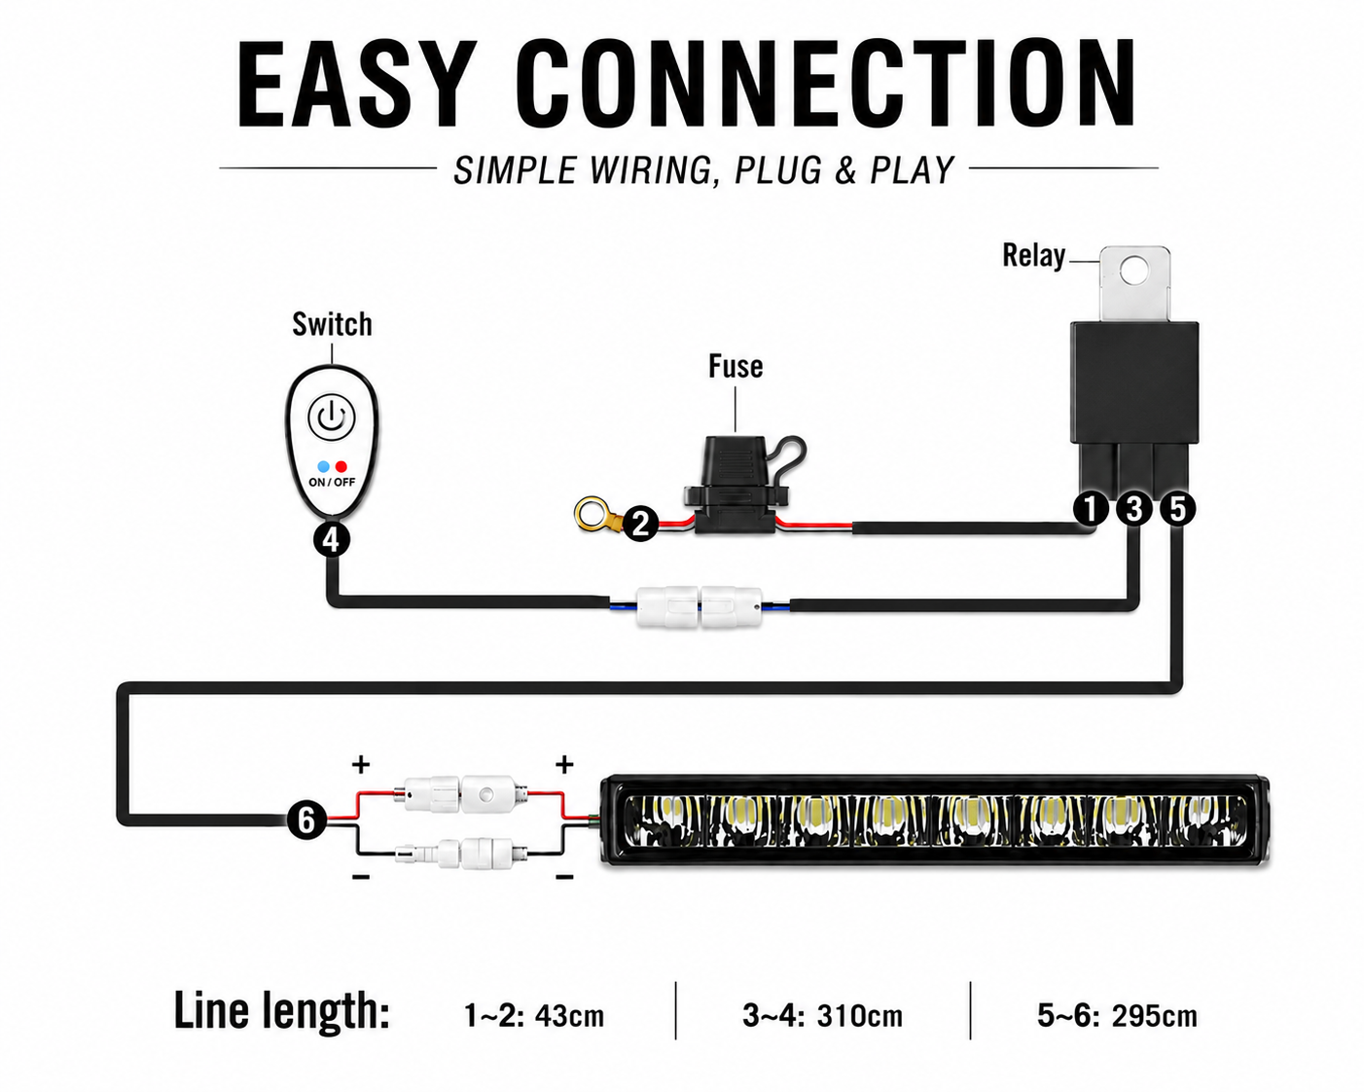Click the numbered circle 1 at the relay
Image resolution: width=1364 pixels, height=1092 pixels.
[x=1091, y=509]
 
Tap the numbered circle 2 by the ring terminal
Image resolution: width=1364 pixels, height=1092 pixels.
[x=641, y=524]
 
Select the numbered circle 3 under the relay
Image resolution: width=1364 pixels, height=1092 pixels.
[x=1134, y=509]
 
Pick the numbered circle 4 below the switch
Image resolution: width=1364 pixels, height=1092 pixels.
[x=332, y=540]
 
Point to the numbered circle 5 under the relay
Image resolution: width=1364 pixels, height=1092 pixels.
[x=1177, y=509]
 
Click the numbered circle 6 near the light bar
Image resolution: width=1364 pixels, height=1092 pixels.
[x=306, y=819]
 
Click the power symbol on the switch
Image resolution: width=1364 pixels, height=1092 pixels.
[x=332, y=418]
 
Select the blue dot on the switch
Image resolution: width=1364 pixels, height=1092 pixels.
[x=323, y=467]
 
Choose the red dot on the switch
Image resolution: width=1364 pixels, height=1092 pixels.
[x=341, y=467]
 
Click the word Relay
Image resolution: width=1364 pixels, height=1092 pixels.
[x=1034, y=256]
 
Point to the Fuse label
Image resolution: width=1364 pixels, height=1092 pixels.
[x=736, y=366]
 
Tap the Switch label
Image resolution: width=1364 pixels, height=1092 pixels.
[x=332, y=324]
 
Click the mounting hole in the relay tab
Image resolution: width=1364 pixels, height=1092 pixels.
[x=1134, y=271]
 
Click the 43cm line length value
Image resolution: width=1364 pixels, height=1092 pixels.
[x=569, y=1016]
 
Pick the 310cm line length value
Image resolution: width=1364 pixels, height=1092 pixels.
[x=859, y=1016]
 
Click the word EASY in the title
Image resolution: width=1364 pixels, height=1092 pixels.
[x=357, y=84]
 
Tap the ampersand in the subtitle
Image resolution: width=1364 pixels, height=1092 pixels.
[x=844, y=170]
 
